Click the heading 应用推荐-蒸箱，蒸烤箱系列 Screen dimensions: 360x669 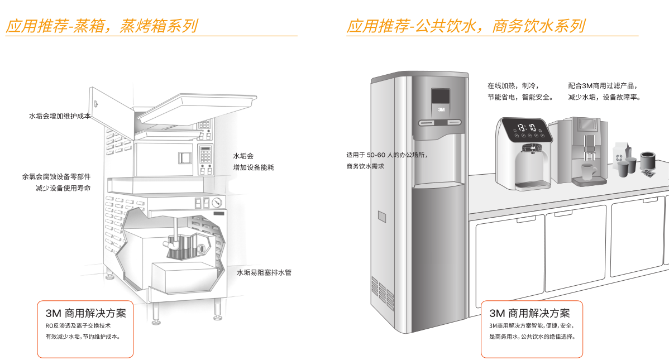pyautogui.click(x=101, y=26)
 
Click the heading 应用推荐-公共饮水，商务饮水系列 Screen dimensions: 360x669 pyautogui.click(x=465, y=26)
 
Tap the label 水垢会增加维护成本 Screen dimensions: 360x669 pyautogui.click(x=60, y=116)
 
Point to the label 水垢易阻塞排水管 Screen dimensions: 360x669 pyautogui.click(x=264, y=272)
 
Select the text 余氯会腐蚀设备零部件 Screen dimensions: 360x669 pyautogui.click(x=56, y=176)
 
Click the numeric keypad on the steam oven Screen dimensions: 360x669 pyautogui.click(x=205, y=152)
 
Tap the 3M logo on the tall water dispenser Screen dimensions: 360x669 pyautogui.click(x=441, y=110)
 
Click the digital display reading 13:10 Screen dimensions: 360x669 pyautogui.click(x=526, y=127)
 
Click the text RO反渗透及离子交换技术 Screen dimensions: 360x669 pyautogui.click(x=78, y=325)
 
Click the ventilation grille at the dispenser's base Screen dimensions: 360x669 pyautogui.click(x=382, y=291)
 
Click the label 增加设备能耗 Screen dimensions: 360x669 pyautogui.click(x=254, y=167)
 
